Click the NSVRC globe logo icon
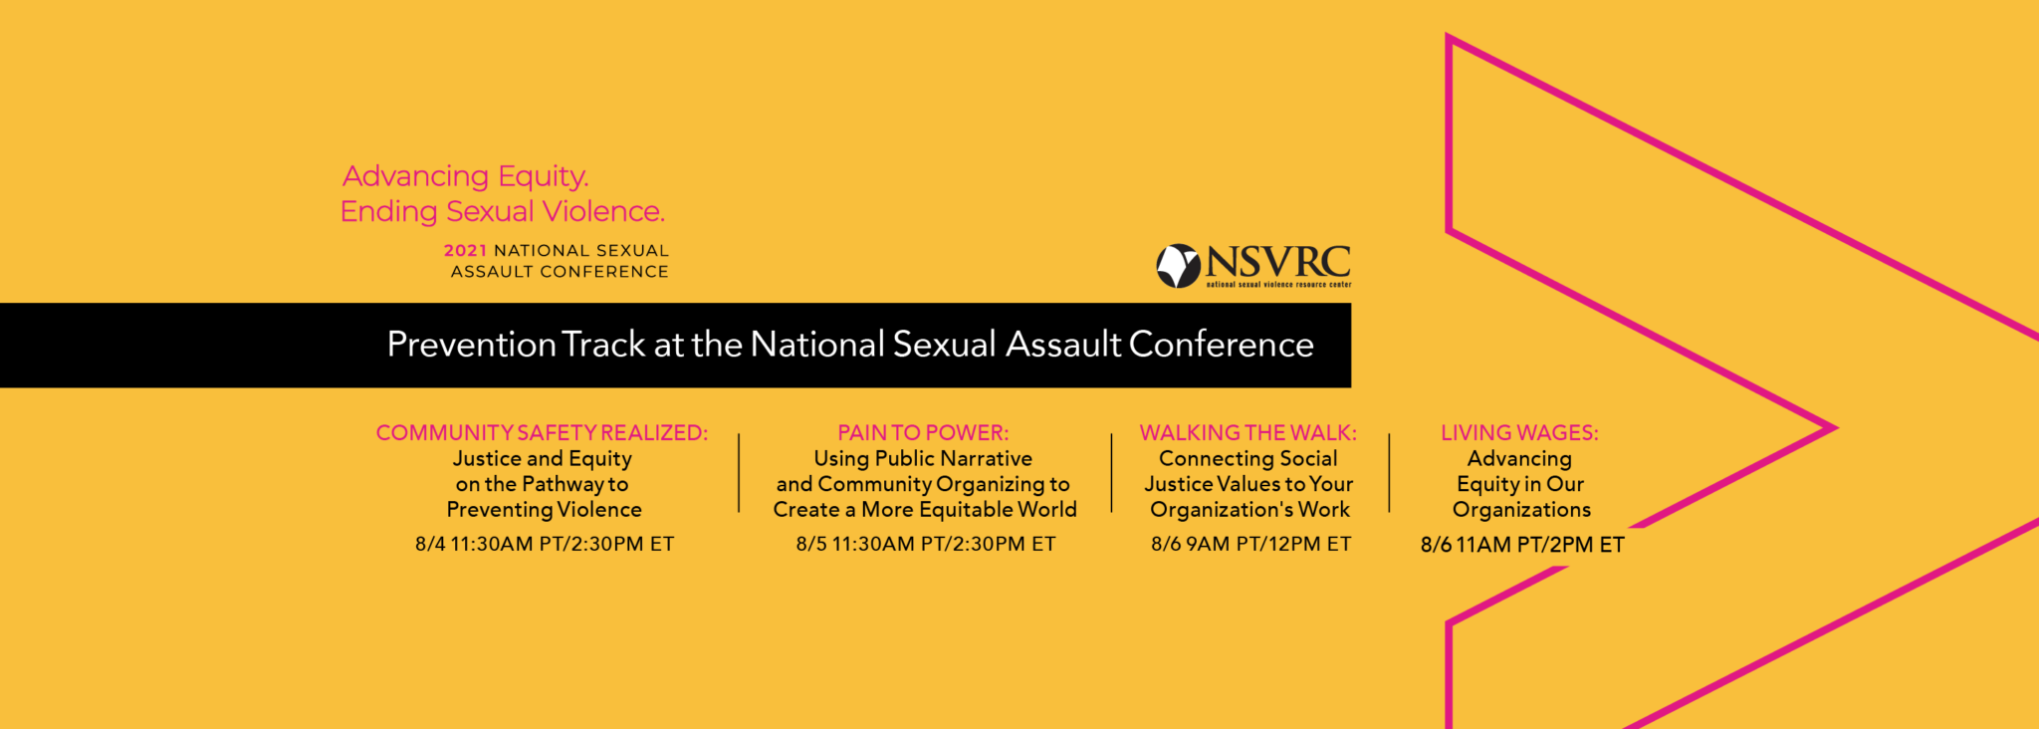[1178, 266]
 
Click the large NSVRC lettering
[1278, 262]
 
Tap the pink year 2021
[465, 251]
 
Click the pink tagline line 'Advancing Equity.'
[466, 176]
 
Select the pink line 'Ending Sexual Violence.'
[503, 211]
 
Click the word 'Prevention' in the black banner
[472, 345]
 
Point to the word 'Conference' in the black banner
[1222, 345]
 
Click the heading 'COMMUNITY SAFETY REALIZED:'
[543, 433]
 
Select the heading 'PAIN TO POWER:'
[923, 433]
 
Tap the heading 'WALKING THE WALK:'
[1248, 433]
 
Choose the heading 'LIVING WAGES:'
[1519, 433]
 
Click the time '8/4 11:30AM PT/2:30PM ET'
[545, 544]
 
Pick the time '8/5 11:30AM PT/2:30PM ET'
[926, 544]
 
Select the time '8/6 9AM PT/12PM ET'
[1251, 544]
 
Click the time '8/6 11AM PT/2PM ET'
[1522, 545]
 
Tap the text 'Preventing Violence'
[545, 510]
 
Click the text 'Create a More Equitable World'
[925, 510]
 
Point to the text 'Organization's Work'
[1250, 510]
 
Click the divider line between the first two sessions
[739, 473]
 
